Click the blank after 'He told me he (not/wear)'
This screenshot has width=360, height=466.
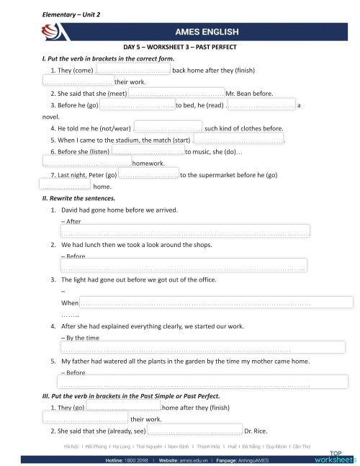point(168,128)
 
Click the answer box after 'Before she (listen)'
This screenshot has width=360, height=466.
point(148,151)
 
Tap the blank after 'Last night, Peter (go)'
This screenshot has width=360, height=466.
point(148,174)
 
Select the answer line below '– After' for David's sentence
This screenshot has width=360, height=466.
point(184,231)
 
